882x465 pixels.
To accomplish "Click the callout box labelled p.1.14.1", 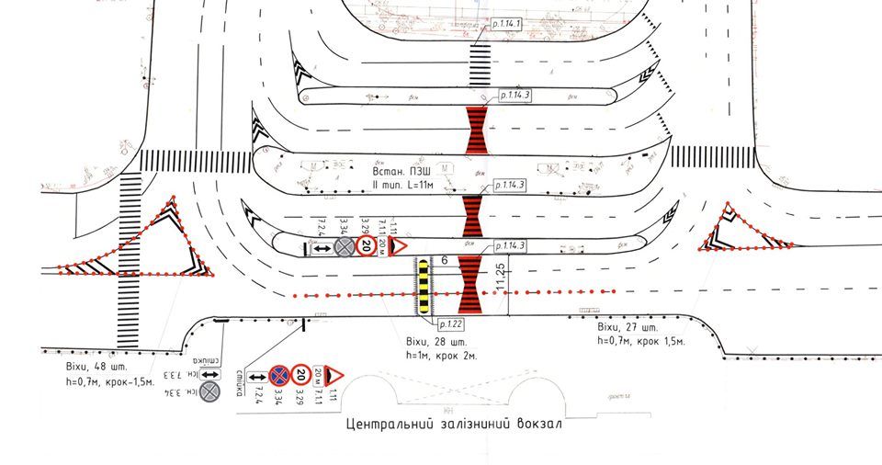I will [x=504, y=23].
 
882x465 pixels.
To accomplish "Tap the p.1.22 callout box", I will [x=452, y=323].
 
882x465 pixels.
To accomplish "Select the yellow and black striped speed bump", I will [x=423, y=286].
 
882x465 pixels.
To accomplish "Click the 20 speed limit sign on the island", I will [x=366, y=246].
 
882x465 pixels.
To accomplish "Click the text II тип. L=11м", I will [x=401, y=187].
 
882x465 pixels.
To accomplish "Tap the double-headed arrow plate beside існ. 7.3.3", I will [x=210, y=374].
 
